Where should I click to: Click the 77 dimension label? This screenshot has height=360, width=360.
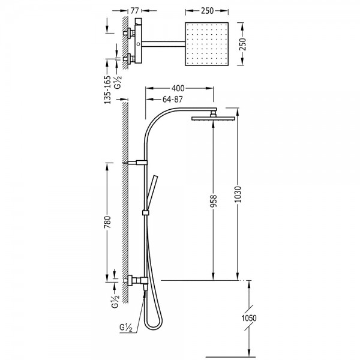point(135,11)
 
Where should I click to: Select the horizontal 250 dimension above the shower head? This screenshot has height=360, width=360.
point(207,11)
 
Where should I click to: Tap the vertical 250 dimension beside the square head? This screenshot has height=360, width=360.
point(242,44)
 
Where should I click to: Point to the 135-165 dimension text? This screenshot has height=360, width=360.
point(107,90)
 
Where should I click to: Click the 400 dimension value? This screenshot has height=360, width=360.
point(178,88)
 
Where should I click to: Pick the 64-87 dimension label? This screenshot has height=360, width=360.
point(172,99)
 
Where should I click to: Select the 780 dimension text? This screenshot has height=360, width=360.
point(107,222)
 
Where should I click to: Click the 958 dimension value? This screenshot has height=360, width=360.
point(213,201)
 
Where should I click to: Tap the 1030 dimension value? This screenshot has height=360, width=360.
point(238,194)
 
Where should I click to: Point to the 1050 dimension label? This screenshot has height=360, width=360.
point(249,318)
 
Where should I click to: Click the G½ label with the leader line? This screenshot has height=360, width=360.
point(126,328)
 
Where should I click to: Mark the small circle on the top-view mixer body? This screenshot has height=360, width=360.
point(138,44)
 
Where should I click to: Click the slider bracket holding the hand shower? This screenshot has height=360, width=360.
point(145,213)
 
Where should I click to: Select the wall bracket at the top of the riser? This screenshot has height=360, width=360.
point(136,163)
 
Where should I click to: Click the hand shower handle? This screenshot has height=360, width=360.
point(152,193)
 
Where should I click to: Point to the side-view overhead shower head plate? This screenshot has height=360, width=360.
point(213,118)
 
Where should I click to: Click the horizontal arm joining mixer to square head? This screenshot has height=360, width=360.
point(163,44)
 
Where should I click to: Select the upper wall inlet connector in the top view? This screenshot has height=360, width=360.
point(129,33)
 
